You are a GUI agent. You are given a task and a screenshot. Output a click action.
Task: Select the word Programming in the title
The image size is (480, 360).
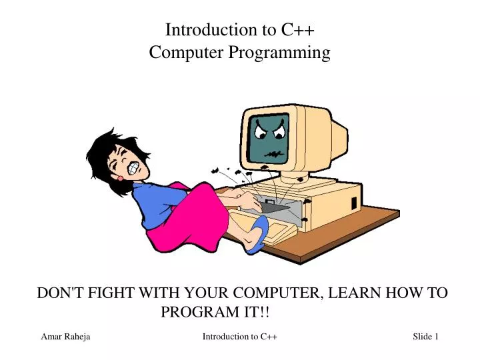pyautogui.click(x=279, y=53)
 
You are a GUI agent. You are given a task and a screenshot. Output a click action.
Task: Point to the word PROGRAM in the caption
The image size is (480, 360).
pyautogui.click(x=197, y=312)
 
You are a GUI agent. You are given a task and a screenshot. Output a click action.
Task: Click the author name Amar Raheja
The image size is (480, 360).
pyautogui.click(x=65, y=337)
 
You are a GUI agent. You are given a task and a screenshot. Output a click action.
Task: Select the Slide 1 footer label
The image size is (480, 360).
pyautogui.click(x=425, y=337)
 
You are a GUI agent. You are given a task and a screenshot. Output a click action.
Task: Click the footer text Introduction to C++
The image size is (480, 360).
pyautogui.click(x=239, y=337)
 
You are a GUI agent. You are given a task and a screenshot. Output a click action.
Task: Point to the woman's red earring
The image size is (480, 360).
pyautogui.click(x=120, y=179)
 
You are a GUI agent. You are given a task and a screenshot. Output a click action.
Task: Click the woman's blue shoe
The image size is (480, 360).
pyautogui.click(x=257, y=235)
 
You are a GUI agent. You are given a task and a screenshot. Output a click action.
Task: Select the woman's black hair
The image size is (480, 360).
pyautogui.click(x=107, y=150)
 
